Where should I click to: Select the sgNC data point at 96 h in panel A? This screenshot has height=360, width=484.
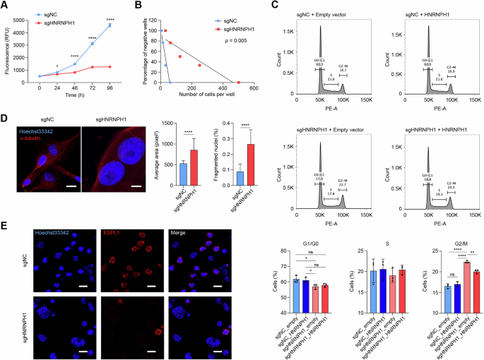point(110,25)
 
